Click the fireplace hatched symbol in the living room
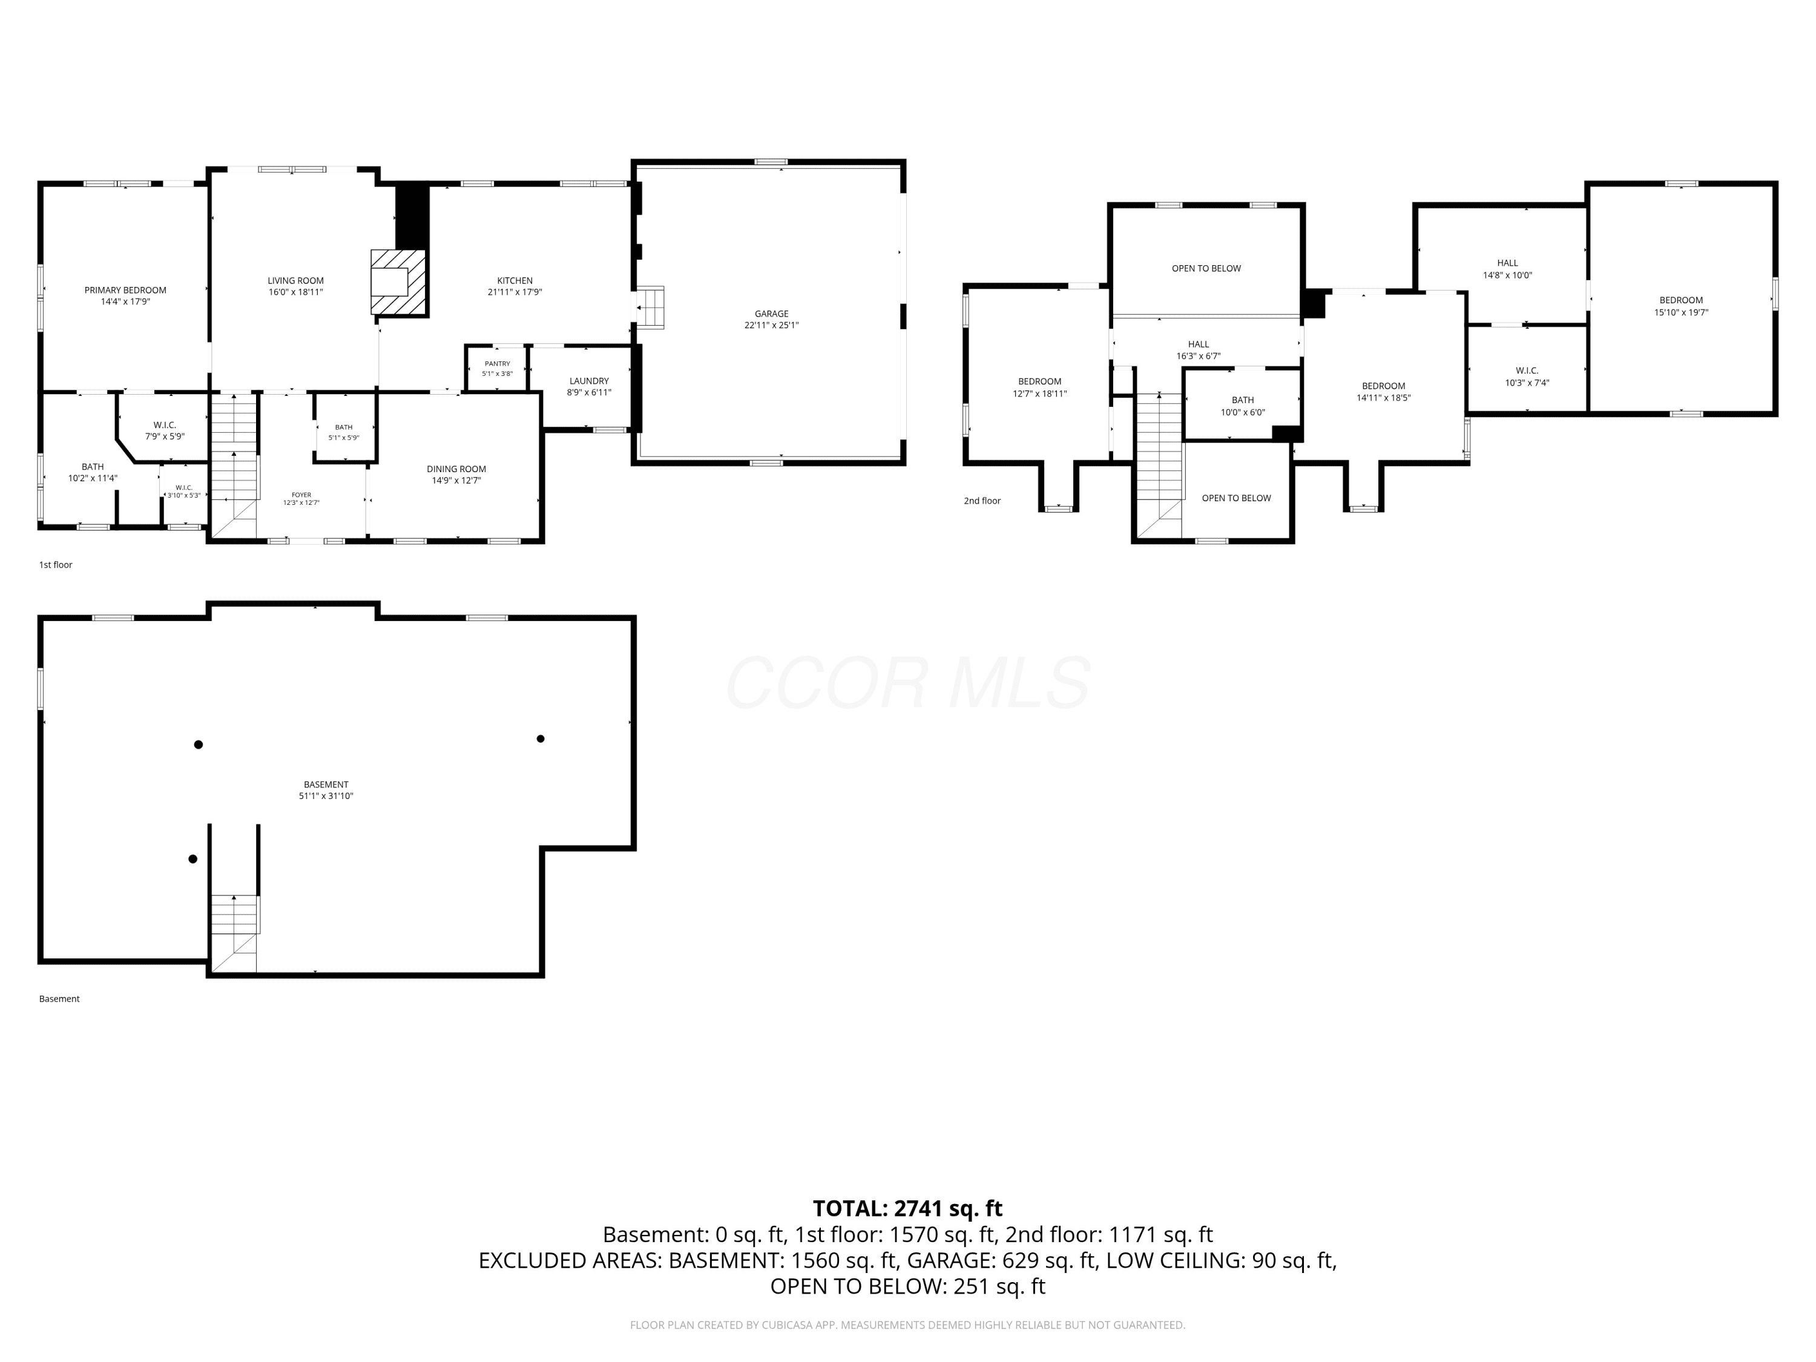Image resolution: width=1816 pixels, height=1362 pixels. (398, 281)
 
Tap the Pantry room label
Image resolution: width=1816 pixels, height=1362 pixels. (498, 364)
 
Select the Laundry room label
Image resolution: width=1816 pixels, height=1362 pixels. (590, 381)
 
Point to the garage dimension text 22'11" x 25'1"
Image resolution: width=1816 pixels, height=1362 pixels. (772, 325)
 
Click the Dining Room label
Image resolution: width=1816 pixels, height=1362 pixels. (456, 469)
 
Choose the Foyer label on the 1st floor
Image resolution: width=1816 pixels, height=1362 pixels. (301, 495)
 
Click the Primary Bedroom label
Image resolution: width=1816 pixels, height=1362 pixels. (126, 290)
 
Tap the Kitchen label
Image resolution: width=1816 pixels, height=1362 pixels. (515, 281)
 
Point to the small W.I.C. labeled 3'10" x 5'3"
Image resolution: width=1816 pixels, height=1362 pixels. (184, 492)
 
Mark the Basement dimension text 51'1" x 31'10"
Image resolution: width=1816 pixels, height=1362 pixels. (326, 795)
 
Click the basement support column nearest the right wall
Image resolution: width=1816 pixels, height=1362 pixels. (540, 739)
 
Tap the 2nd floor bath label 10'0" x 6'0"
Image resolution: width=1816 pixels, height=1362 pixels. (1243, 406)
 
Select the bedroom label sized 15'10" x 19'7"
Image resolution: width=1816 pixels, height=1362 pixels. (1682, 306)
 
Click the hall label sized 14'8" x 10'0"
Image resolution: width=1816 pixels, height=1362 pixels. (1507, 269)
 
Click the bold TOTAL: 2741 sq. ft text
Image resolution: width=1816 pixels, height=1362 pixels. (907, 1208)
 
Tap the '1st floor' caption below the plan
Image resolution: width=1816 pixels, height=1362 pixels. (56, 565)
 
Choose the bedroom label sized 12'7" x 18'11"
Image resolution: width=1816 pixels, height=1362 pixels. (1040, 387)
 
